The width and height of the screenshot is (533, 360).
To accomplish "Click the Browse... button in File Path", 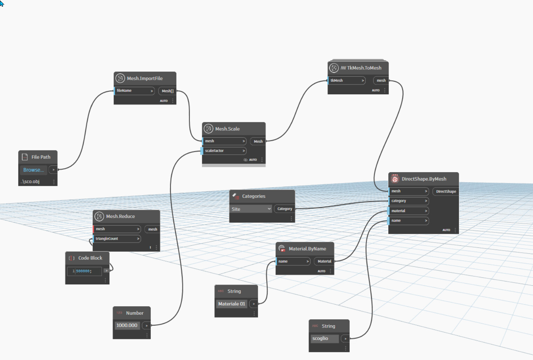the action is (x=33, y=170).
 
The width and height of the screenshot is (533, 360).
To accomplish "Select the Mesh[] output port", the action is (x=168, y=91).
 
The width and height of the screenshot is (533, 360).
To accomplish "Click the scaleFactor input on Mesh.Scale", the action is (x=224, y=151).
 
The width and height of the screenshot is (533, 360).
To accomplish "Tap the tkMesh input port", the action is (x=347, y=81).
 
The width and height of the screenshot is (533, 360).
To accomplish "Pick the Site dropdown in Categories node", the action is (x=251, y=209).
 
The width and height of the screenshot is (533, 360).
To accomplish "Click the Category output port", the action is (x=285, y=209).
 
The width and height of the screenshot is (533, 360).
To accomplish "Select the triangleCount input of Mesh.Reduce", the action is (x=117, y=239).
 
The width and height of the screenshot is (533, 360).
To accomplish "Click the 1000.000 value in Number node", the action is (x=127, y=325).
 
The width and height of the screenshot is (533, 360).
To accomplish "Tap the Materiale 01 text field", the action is (x=232, y=304).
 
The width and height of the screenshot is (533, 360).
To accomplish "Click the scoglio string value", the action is (x=324, y=338).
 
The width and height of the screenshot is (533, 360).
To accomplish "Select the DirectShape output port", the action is (x=446, y=191).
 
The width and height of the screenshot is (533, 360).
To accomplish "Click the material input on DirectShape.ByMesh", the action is (x=409, y=211).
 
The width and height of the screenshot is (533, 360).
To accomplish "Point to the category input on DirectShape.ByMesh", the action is (x=409, y=201).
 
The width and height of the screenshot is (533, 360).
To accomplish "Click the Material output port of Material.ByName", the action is (x=324, y=261).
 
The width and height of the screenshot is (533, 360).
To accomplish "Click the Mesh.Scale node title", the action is (x=227, y=129).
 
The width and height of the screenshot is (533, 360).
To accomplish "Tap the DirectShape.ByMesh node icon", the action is (x=395, y=179).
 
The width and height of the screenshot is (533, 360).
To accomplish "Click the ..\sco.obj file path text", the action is (x=30, y=182).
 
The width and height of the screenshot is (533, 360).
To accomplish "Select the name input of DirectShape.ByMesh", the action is (x=409, y=220).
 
